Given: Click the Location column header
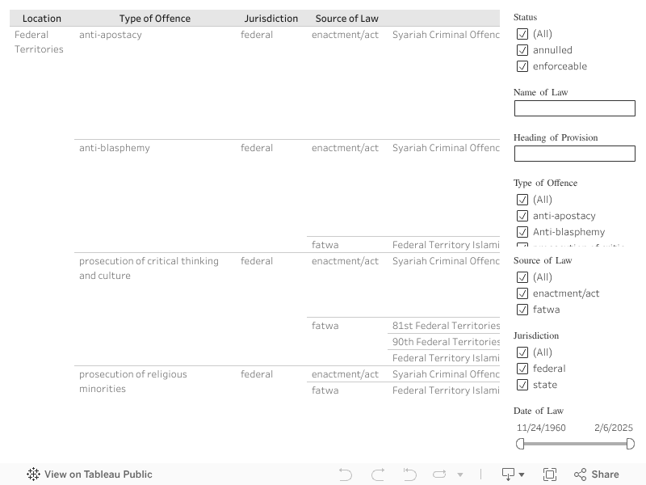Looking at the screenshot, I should (x=42, y=19).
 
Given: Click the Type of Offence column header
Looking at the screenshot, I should (x=155, y=19).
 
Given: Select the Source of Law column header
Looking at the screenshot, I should (x=347, y=19).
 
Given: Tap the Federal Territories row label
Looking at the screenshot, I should (x=39, y=42).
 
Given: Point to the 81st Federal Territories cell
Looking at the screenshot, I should (x=446, y=326).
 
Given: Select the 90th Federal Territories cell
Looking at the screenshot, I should (x=446, y=342).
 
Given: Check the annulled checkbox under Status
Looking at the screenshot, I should (x=522, y=50).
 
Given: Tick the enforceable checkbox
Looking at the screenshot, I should (x=522, y=66).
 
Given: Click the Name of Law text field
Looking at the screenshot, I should (x=575, y=108).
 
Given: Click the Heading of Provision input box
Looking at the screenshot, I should (x=575, y=154).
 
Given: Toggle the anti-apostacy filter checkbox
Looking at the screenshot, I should (x=522, y=216).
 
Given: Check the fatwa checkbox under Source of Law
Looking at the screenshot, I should (x=522, y=310).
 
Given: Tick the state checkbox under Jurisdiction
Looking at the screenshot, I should (x=522, y=385).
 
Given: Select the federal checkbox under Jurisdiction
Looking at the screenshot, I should (x=522, y=369).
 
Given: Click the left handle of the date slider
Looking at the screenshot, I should (x=520, y=444).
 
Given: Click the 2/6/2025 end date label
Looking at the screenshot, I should (x=614, y=428).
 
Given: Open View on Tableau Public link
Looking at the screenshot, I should (x=90, y=474).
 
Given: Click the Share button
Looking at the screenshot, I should (x=597, y=474).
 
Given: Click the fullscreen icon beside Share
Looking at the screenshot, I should (x=550, y=474).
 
